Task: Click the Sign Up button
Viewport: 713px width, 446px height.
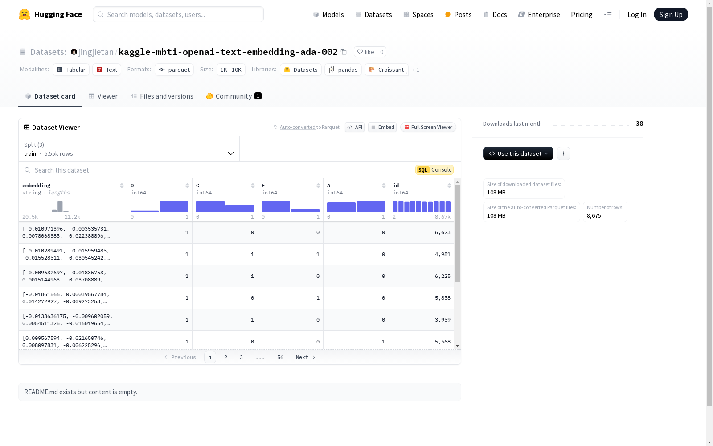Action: coord(671,14)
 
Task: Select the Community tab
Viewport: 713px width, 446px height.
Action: coord(233,96)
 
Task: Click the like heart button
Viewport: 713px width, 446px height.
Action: coord(365,52)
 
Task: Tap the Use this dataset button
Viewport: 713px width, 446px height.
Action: coord(518,153)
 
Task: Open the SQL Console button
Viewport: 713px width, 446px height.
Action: coord(434,170)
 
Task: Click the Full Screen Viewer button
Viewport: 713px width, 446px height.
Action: coord(428,127)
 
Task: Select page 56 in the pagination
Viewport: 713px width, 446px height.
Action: coord(280,357)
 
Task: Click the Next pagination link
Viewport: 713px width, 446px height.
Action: coord(305,357)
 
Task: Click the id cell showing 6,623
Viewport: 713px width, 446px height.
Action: coord(443,232)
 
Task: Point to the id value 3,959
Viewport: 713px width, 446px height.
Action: coord(443,320)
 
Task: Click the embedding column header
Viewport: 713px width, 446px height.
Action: coord(37,186)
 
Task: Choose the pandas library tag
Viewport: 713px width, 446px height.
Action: coord(343,70)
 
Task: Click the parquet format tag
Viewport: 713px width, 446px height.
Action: coord(174,70)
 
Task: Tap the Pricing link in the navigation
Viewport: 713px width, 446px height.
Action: coord(582,14)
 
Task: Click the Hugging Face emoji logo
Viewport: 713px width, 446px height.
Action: coord(25,14)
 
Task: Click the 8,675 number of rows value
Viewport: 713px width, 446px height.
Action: coord(594,216)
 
